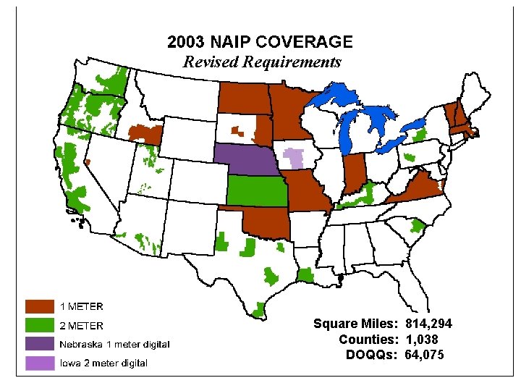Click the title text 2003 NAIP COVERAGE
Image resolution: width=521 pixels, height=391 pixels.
point(260,42)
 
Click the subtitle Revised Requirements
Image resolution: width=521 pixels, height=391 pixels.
point(261,62)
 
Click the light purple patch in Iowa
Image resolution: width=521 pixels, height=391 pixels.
point(294,157)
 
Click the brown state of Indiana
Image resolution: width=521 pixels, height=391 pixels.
point(354,174)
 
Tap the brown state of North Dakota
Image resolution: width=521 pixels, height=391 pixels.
point(244,98)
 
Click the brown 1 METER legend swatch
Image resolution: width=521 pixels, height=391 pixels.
point(40,306)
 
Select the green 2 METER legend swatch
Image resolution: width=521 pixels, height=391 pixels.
point(40,325)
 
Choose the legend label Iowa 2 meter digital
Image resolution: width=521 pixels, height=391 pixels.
point(103,363)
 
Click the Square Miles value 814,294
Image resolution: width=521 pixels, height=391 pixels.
point(429,324)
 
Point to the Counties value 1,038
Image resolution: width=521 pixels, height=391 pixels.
point(421,339)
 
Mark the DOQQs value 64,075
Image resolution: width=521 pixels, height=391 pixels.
point(425,354)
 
